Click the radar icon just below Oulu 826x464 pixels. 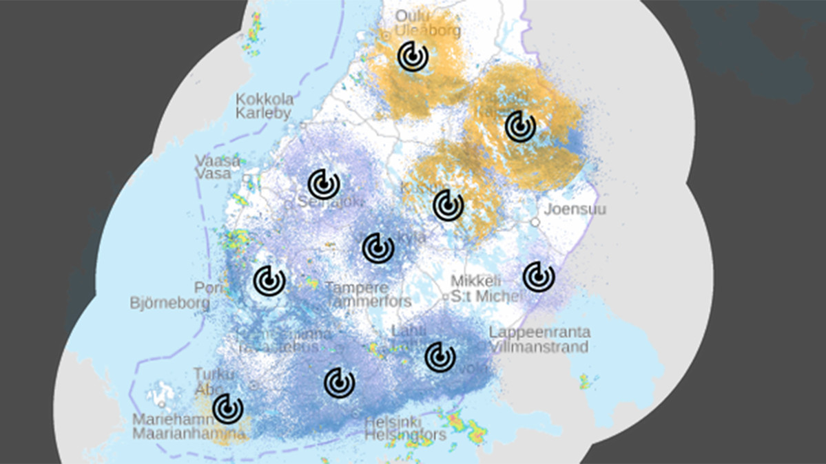413,56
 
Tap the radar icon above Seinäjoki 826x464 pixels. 323,184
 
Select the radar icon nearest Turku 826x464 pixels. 228,408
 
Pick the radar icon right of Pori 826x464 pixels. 269,280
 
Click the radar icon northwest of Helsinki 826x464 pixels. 340,383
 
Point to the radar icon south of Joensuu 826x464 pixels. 538,276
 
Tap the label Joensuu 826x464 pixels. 575,209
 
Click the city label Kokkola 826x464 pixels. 265,99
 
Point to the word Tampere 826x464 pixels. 357,287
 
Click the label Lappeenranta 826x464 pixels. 539,333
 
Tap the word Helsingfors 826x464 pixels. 405,435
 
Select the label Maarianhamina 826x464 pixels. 189,434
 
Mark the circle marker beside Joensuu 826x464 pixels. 535,222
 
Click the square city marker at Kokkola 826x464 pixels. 303,125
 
